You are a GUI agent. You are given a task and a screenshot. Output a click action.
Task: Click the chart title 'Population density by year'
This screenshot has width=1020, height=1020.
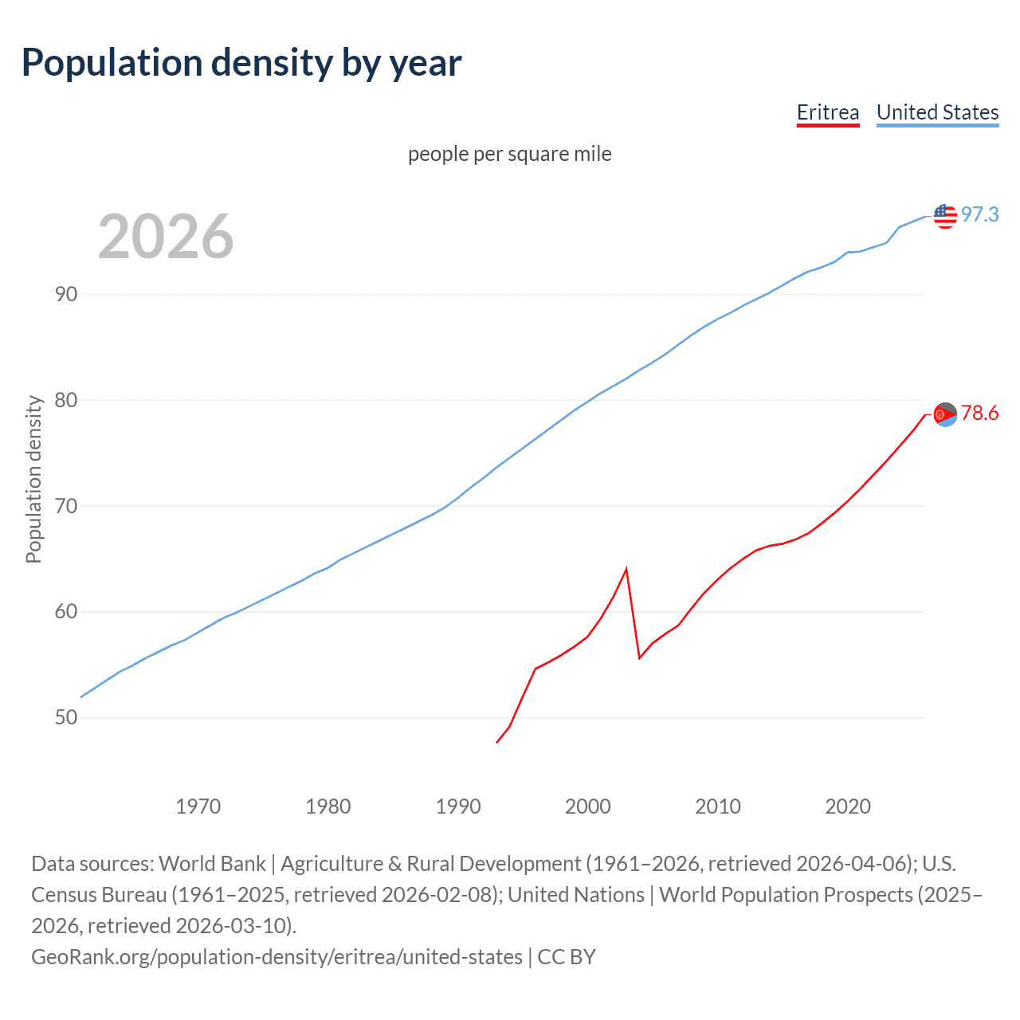coord(241,63)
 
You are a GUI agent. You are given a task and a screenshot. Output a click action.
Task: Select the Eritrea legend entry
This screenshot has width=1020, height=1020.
coord(828,112)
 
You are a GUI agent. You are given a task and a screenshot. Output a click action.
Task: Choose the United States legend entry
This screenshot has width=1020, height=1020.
coord(937,112)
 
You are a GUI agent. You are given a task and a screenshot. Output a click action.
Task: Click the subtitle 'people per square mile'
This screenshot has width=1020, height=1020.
coord(509,154)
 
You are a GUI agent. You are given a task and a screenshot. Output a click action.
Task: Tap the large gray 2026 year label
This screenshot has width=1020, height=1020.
coord(166,237)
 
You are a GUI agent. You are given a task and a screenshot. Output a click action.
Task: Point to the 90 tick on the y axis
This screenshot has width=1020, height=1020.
coord(66,294)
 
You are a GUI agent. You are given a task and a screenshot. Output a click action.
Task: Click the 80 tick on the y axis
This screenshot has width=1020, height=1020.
coord(66,400)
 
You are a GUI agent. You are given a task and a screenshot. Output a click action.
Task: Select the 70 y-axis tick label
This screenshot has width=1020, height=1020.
coord(66,506)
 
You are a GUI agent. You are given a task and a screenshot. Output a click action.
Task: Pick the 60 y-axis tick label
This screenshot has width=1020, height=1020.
coord(66,612)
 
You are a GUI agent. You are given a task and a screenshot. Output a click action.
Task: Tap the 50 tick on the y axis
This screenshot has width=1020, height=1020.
coord(66,718)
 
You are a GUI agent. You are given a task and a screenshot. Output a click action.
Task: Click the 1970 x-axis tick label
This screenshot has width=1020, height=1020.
coord(198,806)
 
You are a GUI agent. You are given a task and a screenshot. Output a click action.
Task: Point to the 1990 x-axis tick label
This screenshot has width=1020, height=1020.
coord(458,806)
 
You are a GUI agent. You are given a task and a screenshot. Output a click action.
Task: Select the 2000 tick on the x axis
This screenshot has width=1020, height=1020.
coord(588,806)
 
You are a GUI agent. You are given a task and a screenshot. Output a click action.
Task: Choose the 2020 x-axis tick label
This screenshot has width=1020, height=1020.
coord(848,806)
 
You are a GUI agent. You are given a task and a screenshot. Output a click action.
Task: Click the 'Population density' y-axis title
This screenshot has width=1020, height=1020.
coord(33,480)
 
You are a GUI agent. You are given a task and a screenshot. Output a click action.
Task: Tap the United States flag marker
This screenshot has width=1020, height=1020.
coord(945,215)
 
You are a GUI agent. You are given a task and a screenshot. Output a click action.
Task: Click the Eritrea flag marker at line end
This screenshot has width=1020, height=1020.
coord(945,414)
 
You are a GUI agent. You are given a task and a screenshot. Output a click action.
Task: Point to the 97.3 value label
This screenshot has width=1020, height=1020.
coord(979,214)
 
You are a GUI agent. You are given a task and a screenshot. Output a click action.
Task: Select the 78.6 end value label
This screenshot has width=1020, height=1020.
coord(979,413)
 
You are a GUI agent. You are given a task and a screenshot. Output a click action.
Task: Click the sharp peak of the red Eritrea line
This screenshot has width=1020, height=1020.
coord(626,569)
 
